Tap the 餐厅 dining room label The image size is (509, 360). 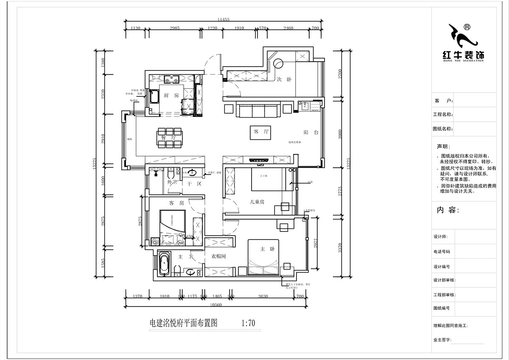pos(168,138)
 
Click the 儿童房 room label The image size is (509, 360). pos(257,202)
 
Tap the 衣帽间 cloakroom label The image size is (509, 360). pos(218,256)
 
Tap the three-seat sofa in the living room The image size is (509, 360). pos(258,110)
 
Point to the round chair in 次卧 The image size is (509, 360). pos(278,63)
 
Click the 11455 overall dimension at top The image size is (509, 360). pos(223,20)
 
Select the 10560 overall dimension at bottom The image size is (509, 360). pos(216,304)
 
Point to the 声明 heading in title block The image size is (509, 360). pos(441,146)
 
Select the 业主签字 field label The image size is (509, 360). pos(442,340)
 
